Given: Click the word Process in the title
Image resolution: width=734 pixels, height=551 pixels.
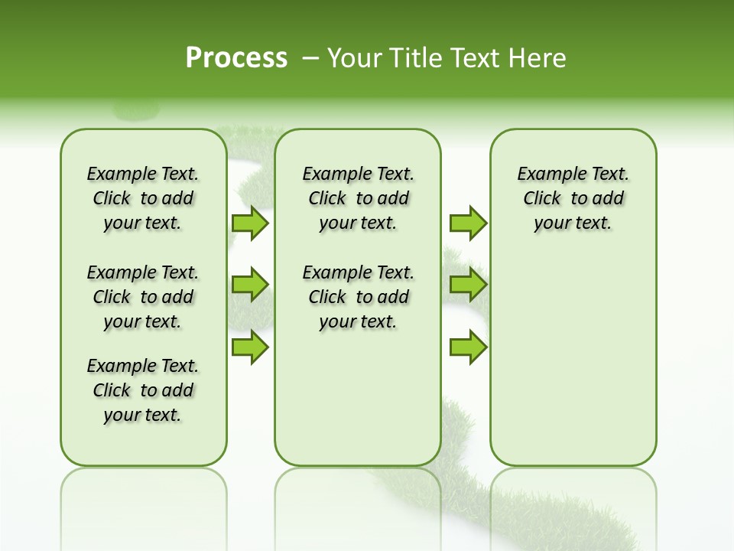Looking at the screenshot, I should pos(236,57).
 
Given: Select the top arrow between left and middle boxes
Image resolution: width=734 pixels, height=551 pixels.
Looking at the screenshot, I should pos(249,223).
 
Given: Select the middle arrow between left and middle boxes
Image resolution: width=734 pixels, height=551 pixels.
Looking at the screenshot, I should pos(249,285).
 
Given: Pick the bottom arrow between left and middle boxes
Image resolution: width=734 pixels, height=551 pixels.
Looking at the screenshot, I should pos(249,347).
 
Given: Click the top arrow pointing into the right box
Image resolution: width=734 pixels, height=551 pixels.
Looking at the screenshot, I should pos(468,223).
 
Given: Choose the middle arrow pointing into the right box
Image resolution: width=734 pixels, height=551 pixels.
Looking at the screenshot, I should pos(468,285).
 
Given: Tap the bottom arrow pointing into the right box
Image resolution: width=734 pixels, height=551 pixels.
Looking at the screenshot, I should pos(468,347).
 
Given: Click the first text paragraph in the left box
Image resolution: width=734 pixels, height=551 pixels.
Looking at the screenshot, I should pos(143,198).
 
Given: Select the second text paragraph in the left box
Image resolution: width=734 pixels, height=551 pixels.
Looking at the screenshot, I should pos(143,297).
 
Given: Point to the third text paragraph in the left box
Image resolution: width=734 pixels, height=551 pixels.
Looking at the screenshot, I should pos(143,390).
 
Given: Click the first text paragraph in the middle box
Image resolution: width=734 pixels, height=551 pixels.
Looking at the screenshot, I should pos(358,198).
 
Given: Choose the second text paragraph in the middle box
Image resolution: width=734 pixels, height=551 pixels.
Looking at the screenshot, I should pos(358,297).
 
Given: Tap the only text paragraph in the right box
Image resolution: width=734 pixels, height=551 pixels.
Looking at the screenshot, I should pos(573,198).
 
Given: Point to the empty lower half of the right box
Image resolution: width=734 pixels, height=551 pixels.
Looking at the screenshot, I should pos(573,367).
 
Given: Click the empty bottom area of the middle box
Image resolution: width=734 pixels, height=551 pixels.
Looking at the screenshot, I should pos(358,406).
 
